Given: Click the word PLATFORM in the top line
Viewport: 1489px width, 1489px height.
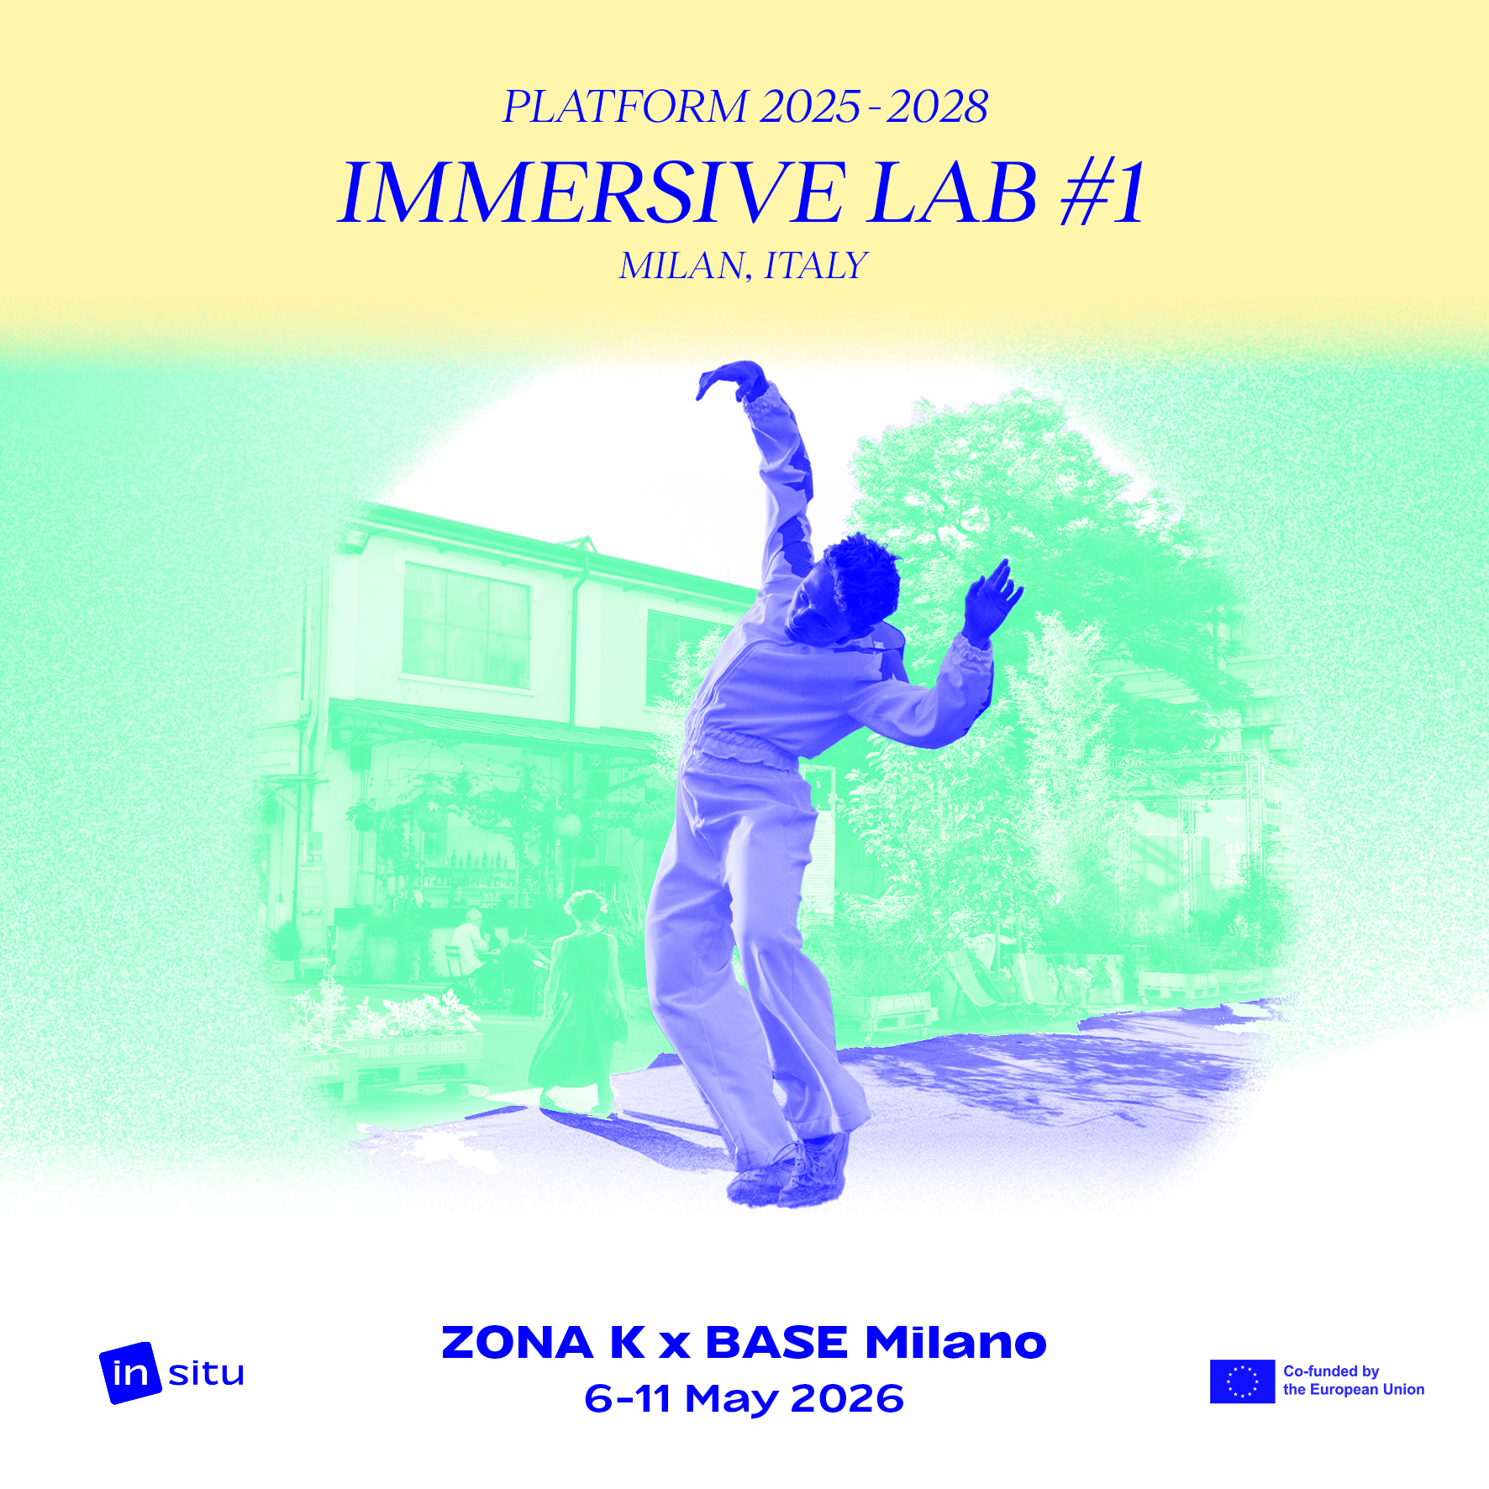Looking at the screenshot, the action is (624, 107).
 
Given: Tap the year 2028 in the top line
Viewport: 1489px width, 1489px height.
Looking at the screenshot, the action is (937, 107).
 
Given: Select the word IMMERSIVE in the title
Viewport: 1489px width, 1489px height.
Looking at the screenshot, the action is (592, 193).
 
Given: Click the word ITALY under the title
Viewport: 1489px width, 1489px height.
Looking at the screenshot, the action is (815, 266).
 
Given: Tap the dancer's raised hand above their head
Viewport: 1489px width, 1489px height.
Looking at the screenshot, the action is (730, 380).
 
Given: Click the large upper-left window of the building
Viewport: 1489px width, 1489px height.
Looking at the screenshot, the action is (467, 623).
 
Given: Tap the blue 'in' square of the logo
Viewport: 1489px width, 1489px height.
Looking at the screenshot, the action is (129, 1373).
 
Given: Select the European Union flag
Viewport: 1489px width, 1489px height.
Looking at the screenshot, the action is (1242, 1381).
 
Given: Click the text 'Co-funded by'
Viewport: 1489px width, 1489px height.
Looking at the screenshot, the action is (1331, 1371).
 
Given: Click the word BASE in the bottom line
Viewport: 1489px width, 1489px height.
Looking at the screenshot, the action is (776, 1342).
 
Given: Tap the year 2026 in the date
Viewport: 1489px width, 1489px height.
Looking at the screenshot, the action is (847, 1399).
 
